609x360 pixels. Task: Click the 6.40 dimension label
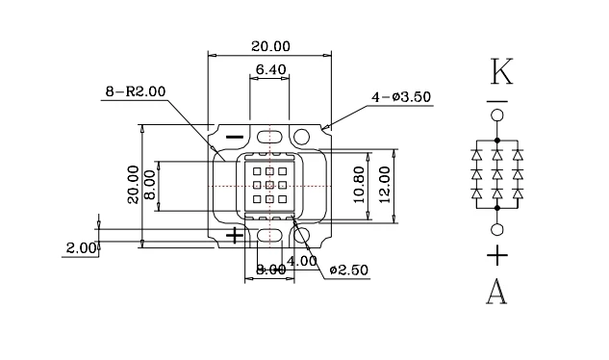(x=269, y=69)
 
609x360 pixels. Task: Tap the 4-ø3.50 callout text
(x=402, y=97)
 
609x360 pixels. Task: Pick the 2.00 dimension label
(x=82, y=247)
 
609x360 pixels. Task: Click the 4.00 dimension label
(x=302, y=260)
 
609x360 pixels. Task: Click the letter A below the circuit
(x=496, y=292)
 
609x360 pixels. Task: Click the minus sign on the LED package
(x=234, y=137)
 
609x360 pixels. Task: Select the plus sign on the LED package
(x=234, y=234)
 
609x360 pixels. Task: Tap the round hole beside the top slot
(x=303, y=137)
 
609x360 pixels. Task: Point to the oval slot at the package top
(x=269, y=137)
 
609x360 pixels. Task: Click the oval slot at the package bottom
(x=269, y=234)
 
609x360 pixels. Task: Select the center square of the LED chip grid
(x=269, y=184)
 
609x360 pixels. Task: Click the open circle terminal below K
(x=496, y=116)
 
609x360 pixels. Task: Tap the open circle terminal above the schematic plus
(x=496, y=229)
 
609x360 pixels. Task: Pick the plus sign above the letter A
(x=496, y=255)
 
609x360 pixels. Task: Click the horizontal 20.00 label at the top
(x=269, y=46)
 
